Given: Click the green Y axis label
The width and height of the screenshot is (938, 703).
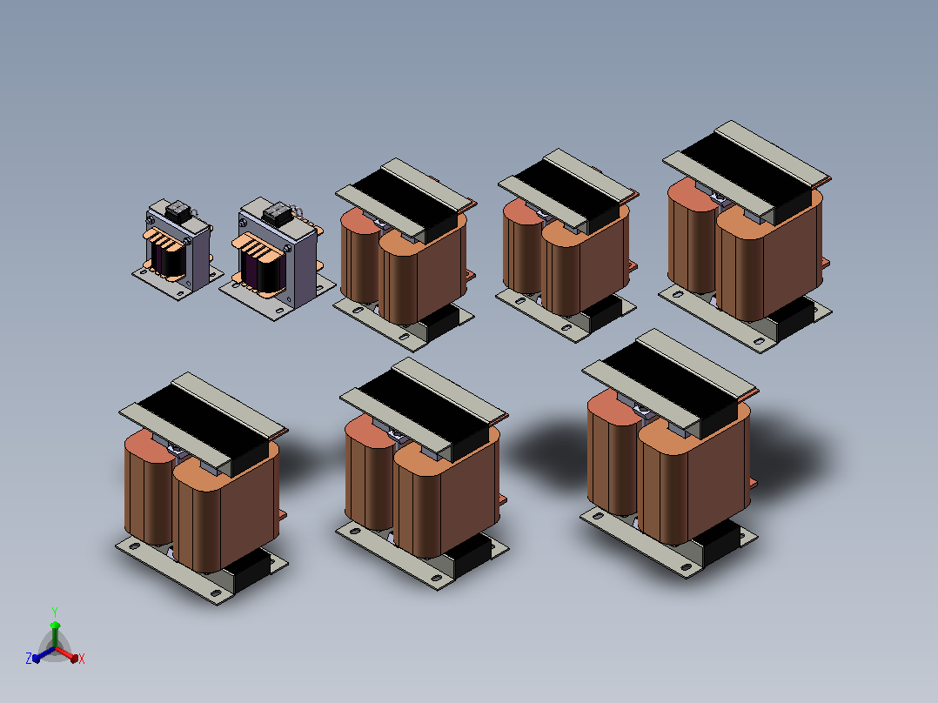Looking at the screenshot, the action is click(x=55, y=612).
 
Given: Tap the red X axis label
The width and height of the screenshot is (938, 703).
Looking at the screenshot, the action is click(x=82, y=659).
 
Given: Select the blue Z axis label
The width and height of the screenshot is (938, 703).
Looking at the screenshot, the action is click(x=29, y=658).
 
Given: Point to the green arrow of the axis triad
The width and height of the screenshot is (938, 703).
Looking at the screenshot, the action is click(x=55, y=634).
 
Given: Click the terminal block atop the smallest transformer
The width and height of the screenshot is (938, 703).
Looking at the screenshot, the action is click(x=178, y=210).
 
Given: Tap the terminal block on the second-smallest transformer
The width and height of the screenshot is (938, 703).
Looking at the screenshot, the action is click(x=278, y=213).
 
